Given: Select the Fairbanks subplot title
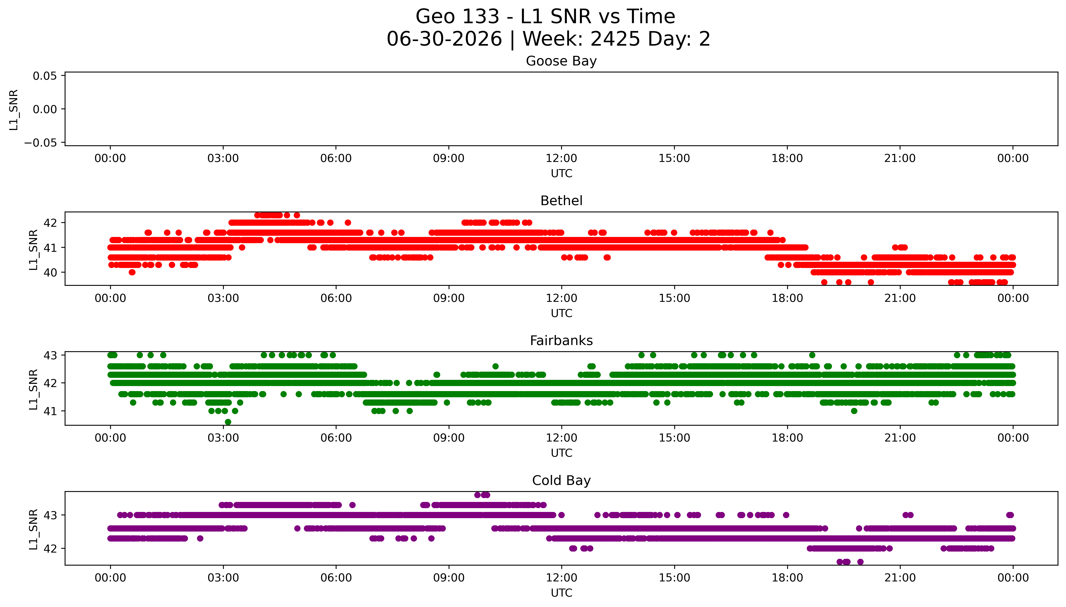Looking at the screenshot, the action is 561,341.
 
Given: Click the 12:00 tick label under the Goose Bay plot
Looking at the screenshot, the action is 561,159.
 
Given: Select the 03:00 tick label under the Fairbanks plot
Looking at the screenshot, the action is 223,438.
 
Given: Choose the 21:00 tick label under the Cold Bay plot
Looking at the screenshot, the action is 900,578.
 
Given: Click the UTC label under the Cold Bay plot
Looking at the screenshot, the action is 561,593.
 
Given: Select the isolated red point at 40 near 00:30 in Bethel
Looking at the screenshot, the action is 132,272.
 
